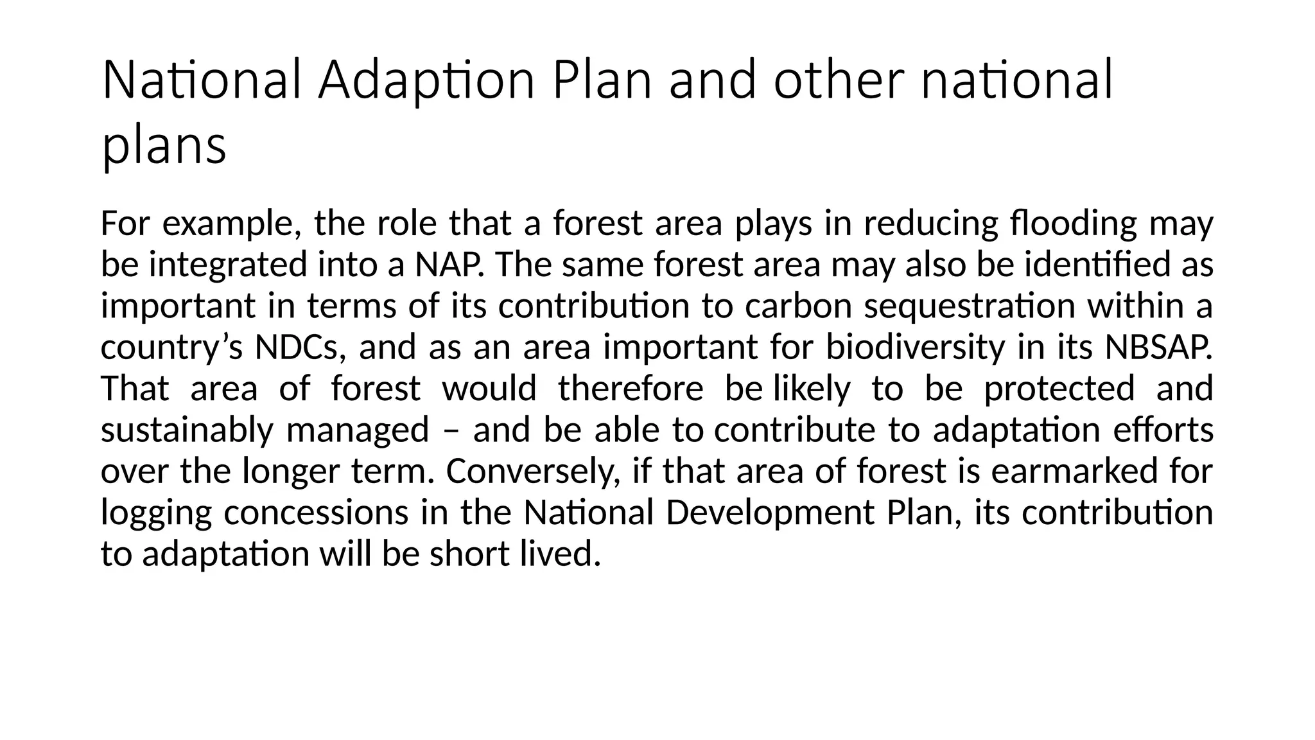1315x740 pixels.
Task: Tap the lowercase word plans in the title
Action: (x=164, y=146)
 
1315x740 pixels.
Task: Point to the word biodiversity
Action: (x=916, y=348)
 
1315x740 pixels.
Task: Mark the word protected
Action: (x=1059, y=389)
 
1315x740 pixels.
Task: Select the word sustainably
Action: (x=187, y=430)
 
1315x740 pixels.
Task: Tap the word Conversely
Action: (x=532, y=471)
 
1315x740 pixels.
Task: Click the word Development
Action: (x=770, y=513)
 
